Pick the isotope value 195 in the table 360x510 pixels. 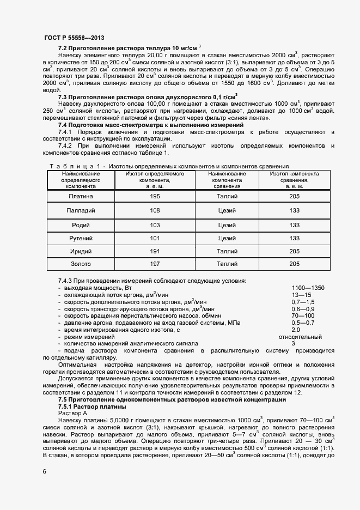coord(155,196)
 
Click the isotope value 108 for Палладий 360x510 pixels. coord(155,210)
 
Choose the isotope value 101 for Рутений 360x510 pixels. coord(155,238)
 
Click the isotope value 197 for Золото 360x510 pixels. coord(155,264)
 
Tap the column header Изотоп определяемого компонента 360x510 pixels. coord(155,180)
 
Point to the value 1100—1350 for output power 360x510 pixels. coord(308,288)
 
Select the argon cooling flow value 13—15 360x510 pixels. coord(300,295)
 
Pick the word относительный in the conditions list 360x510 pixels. coord(300,337)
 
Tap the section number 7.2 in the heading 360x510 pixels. coord(63,48)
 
